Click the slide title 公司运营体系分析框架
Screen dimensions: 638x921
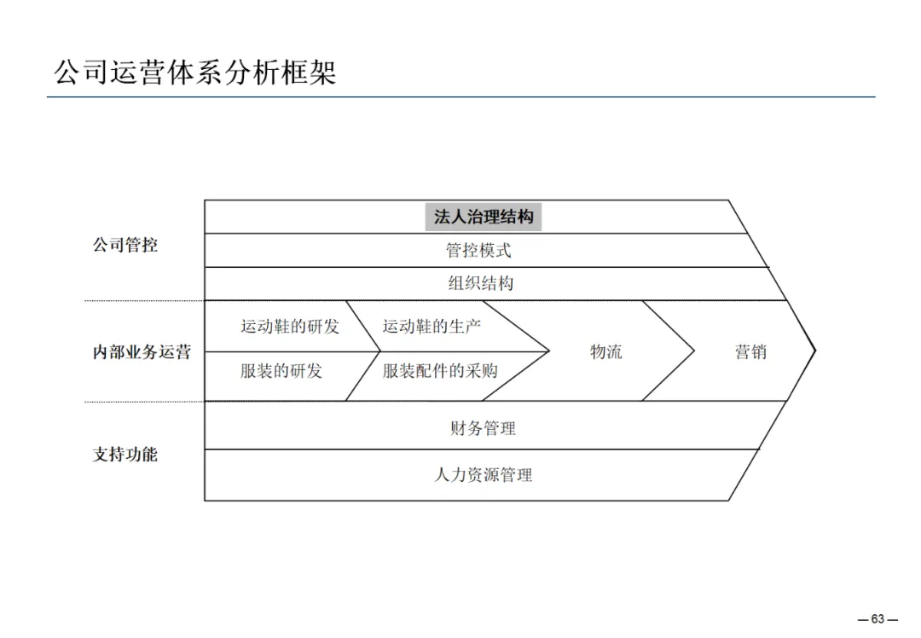[x=195, y=72]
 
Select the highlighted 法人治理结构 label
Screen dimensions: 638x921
[x=484, y=217]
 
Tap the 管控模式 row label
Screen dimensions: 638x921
[x=478, y=250]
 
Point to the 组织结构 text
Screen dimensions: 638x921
[x=481, y=283]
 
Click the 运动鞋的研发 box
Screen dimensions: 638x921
[x=290, y=326]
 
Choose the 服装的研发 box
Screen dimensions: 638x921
[x=281, y=371]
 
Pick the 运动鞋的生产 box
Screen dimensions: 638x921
[x=432, y=326]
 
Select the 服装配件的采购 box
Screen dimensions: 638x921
[x=440, y=371]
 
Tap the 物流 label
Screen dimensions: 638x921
[x=606, y=351]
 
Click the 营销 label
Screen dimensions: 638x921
[x=750, y=351]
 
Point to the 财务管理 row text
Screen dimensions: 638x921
[x=483, y=428]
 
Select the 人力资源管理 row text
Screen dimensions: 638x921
[x=483, y=475]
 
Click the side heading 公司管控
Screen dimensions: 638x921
[x=125, y=246]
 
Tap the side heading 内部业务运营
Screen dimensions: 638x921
[x=142, y=351]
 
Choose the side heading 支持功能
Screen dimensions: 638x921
[x=125, y=454]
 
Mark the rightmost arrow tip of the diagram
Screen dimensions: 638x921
[x=815, y=350]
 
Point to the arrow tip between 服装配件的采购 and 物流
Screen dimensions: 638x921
[x=547, y=351]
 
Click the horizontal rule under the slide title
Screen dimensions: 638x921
[x=460, y=97]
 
